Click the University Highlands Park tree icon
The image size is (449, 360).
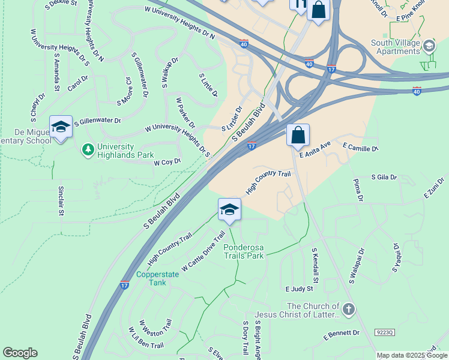pos(88,148)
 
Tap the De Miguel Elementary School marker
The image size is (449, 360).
pos(61,128)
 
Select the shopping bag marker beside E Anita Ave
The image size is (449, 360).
pos(298,136)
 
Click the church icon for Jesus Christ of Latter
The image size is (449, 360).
pos(349,310)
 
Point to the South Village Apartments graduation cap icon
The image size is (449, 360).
pos(429,46)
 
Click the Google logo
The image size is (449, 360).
pos(20,353)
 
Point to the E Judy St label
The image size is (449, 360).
pos(300,289)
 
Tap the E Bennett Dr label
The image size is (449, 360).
pos(341,333)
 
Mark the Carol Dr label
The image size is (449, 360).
pos(77,83)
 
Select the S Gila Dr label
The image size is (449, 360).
pos(384,178)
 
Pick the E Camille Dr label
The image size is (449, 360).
pos(360,147)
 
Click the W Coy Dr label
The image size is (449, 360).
pos(167,162)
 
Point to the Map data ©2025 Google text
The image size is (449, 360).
pos(412,355)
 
